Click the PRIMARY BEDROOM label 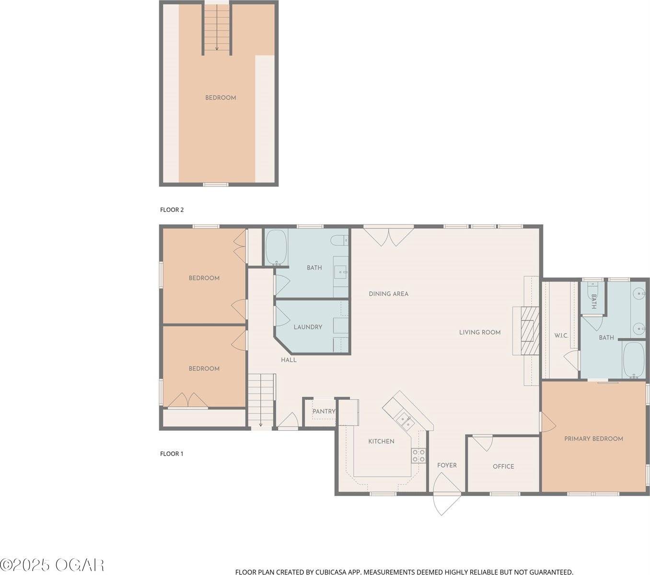click(593, 438)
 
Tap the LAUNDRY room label click(308, 327)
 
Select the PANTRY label click(324, 412)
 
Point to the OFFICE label click(503, 466)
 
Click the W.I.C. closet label click(561, 335)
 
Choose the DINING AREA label click(388, 294)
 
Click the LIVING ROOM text click(480, 332)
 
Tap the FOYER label click(447, 465)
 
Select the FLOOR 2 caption click(172, 209)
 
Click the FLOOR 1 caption click(172, 453)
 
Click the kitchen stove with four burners click(418, 456)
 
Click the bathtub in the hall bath click(276, 247)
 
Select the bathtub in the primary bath click(635, 360)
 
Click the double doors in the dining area click(388, 236)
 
